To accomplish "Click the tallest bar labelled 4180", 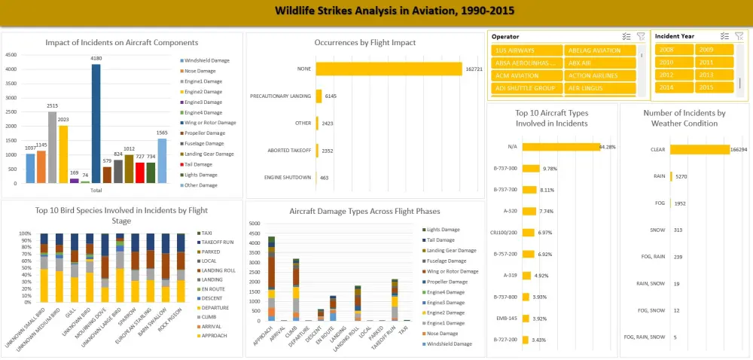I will pyautogui.click(x=96, y=124).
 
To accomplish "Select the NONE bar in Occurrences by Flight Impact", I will pyautogui.click(x=389, y=69).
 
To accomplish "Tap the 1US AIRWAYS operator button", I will pyautogui.click(x=526, y=50).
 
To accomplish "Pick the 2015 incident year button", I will pyautogui.click(x=714, y=87).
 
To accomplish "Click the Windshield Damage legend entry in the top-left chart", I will pyautogui.click(x=206, y=60).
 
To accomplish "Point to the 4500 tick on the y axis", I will pyautogui.click(x=11, y=55).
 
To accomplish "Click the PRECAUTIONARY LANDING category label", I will pyautogui.click(x=282, y=96).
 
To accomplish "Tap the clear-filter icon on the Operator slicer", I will pyautogui.click(x=641, y=36).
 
